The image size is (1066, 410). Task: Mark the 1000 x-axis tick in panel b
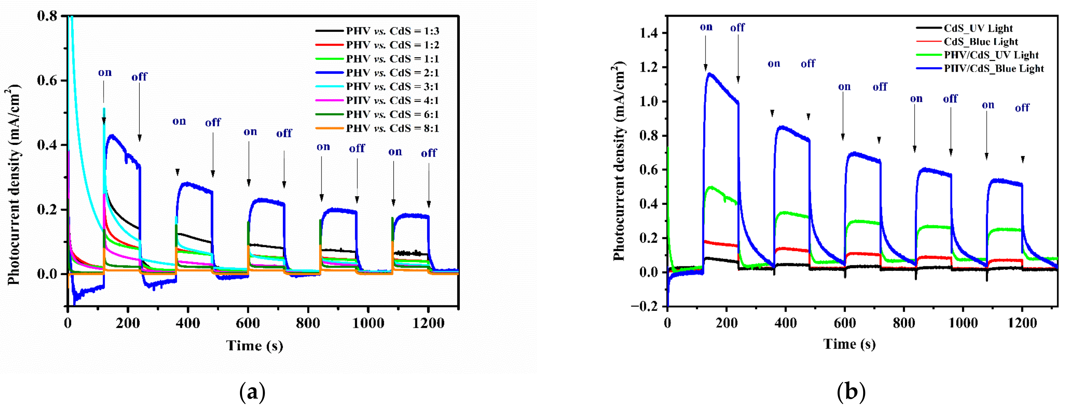(x=963, y=323)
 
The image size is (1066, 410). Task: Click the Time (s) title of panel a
(x=255, y=345)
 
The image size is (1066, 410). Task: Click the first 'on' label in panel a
(x=105, y=73)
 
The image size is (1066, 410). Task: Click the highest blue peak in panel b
(x=710, y=74)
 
